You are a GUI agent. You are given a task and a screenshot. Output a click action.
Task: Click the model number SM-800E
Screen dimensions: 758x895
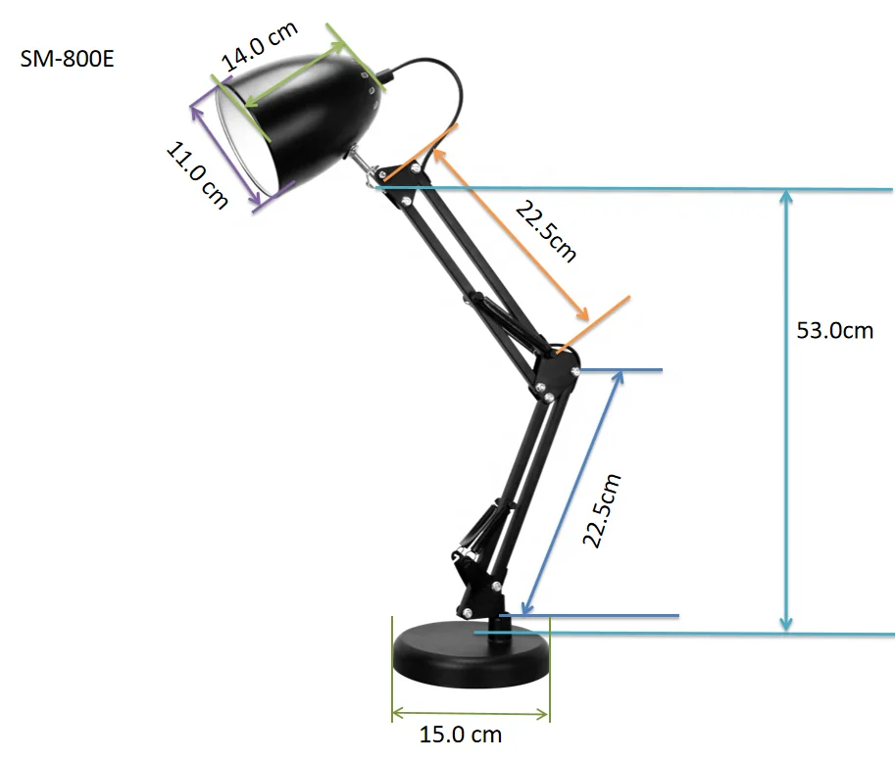(67, 58)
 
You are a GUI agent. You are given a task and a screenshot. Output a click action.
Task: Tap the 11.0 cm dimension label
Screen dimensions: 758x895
(197, 174)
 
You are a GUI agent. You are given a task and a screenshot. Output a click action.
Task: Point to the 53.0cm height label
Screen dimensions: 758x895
(834, 330)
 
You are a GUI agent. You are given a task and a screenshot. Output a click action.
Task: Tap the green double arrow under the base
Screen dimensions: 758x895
(471, 713)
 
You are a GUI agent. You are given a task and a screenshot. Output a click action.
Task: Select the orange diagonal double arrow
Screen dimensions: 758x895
(510, 234)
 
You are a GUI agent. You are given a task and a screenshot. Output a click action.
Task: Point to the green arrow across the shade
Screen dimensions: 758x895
(293, 72)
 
